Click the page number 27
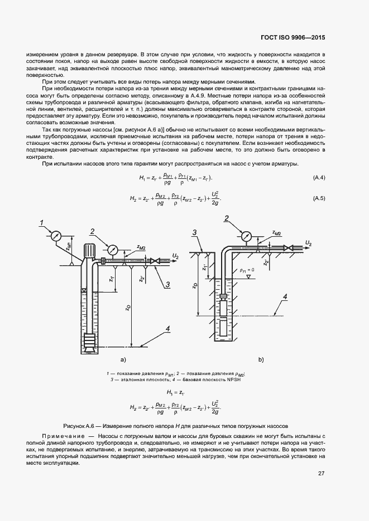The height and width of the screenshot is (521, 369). click(321, 474)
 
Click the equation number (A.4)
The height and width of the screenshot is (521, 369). click(319, 178)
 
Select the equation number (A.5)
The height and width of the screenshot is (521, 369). click(319, 198)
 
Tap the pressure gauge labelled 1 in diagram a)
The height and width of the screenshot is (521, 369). click(56, 236)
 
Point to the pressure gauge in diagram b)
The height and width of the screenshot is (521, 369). click(244, 234)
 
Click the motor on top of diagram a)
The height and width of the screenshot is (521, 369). click(89, 251)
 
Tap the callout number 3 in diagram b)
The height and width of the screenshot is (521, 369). click(194, 232)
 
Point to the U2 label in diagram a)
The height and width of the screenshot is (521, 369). click(175, 255)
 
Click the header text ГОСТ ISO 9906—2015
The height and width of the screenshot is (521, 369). click(293, 38)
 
